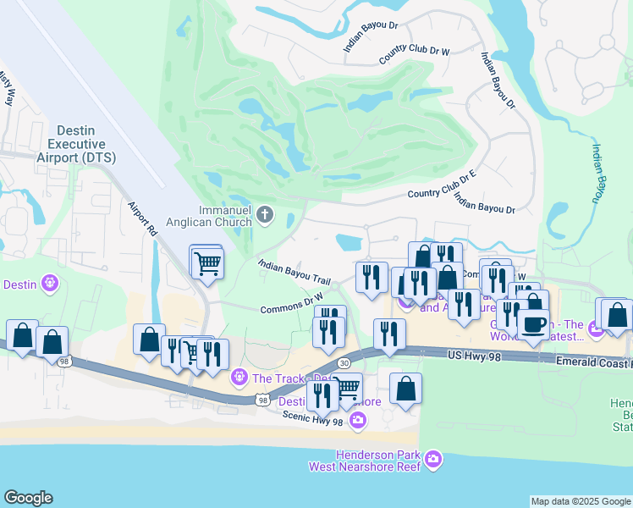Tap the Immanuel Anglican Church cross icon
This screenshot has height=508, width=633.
coord(265,213)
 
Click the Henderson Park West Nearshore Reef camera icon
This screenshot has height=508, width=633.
coord(434,460)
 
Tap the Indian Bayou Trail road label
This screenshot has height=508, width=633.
coord(294,272)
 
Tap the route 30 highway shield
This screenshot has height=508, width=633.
coord(344,362)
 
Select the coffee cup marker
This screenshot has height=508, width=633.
coord(533,325)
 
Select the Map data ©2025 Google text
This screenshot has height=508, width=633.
coord(581,502)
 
